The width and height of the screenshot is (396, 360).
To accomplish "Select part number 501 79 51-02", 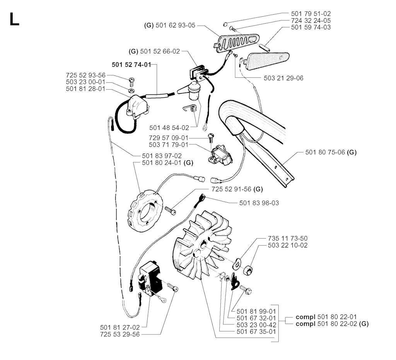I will click(x=311, y=14).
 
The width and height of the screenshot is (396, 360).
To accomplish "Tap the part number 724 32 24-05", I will click(x=311, y=20).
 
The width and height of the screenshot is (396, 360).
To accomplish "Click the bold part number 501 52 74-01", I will click(x=132, y=65).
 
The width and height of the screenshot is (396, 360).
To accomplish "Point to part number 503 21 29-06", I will click(x=283, y=78).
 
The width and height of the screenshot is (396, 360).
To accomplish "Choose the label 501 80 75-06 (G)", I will click(x=331, y=152).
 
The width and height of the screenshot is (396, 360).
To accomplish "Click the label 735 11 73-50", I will click(x=287, y=238).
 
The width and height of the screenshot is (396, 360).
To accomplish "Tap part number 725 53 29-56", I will click(x=120, y=334).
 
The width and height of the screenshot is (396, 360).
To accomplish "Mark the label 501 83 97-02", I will click(x=162, y=156).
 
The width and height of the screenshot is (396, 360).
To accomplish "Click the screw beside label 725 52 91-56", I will click(x=170, y=210).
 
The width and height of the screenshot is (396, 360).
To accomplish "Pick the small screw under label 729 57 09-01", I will click(x=211, y=136).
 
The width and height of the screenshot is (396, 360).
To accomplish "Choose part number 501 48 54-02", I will click(x=169, y=128).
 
